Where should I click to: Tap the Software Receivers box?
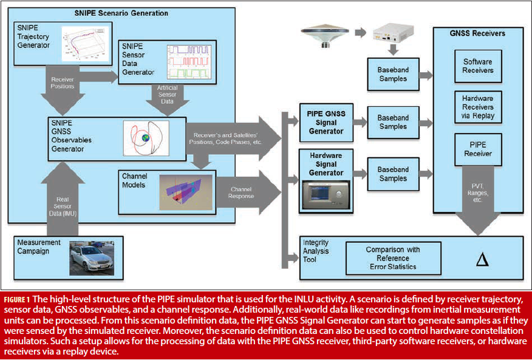(x=479, y=66)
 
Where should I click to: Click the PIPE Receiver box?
(x=479, y=149)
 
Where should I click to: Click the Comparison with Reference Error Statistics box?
(x=393, y=258)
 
